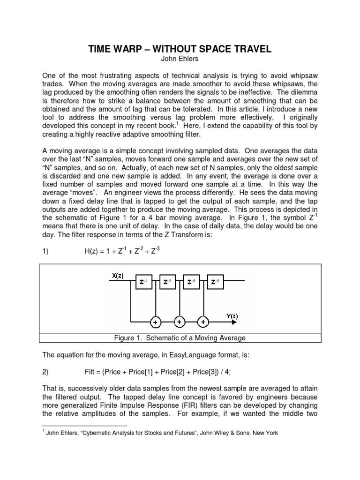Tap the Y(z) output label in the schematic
(x=232, y=316)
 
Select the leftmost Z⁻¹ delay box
(x=142, y=282)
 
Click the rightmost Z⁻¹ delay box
(x=215, y=282)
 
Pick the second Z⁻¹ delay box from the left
(x=166, y=282)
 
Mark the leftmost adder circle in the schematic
(x=154, y=322)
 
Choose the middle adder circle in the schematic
(x=179, y=322)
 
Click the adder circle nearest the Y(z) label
(x=203, y=322)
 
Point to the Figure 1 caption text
(x=180, y=338)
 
